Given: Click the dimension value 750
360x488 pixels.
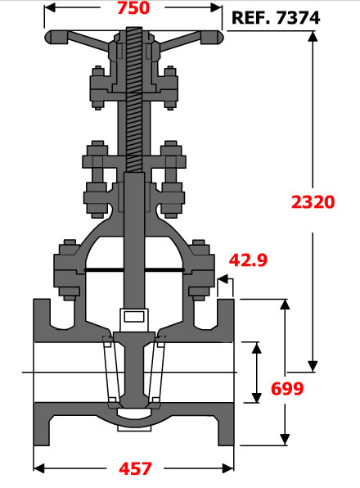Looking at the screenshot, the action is (x=133, y=8).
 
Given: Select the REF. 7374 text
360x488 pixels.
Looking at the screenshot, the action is (x=276, y=18).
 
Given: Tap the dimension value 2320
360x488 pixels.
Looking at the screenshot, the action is (x=313, y=201).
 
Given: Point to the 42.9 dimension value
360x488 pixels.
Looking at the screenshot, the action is (x=248, y=260).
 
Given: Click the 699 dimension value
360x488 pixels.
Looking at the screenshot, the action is (x=287, y=388).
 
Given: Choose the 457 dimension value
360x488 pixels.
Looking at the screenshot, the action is (x=135, y=468).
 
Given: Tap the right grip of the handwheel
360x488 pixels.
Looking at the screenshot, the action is (x=212, y=38).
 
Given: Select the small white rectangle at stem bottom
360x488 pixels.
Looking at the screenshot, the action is (x=134, y=317).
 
